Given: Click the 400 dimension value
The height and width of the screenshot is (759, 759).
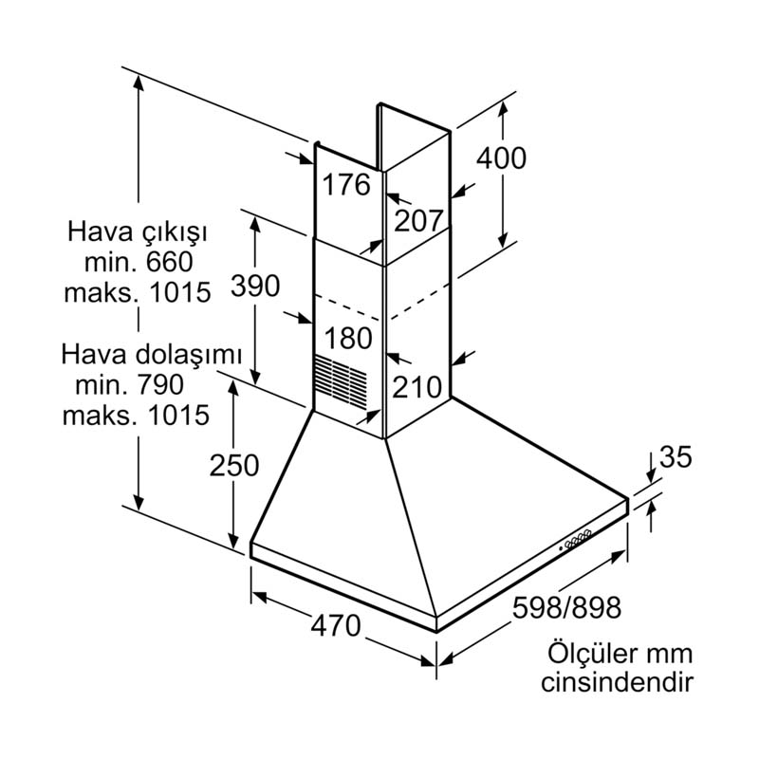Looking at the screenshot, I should tap(500, 157).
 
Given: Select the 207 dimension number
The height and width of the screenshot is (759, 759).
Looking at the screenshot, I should tap(418, 221).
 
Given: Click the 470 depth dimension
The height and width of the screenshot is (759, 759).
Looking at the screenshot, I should tap(335, 625).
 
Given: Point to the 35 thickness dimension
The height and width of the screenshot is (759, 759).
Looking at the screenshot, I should tap(676, 457).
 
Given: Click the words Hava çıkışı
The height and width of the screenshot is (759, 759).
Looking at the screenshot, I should tap(137, 232).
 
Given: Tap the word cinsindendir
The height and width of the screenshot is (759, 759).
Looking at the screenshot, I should tap(617, 682).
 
